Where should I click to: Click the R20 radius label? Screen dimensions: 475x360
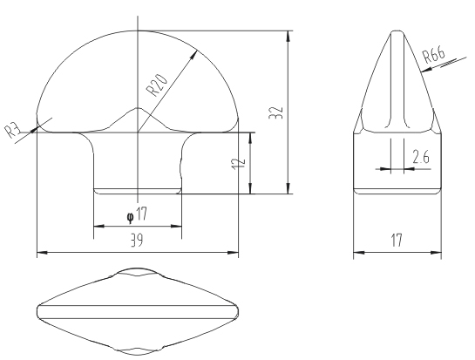(156, 85)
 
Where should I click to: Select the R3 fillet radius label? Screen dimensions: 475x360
(12, 130)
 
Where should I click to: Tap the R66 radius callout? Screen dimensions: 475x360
(434, 55)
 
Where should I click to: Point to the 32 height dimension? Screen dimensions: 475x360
(276, 112)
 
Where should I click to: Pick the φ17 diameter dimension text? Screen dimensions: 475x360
(137, 214)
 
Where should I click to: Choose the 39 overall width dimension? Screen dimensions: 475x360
(137, 241)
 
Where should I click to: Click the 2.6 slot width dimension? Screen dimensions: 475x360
(421, 157)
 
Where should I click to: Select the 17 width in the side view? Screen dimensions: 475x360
(397, 240)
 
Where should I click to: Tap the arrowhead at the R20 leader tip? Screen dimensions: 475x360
(193, 55)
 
